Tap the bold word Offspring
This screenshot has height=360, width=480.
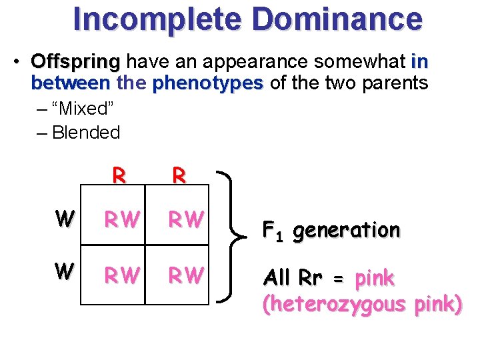click(x=75, y=62)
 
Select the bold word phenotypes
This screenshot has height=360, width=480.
click(x=208, y=83)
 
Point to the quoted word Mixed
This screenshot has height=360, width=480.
click(x=85, y=108)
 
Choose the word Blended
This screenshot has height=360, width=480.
click(x=86, y=133)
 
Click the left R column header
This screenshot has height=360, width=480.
click(x=118, y=176)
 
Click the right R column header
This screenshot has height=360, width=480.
click(x=179, y=176)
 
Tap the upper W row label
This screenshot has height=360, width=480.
click(x=64, y=219)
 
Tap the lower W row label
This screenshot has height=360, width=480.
click(x=64, y=272)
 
